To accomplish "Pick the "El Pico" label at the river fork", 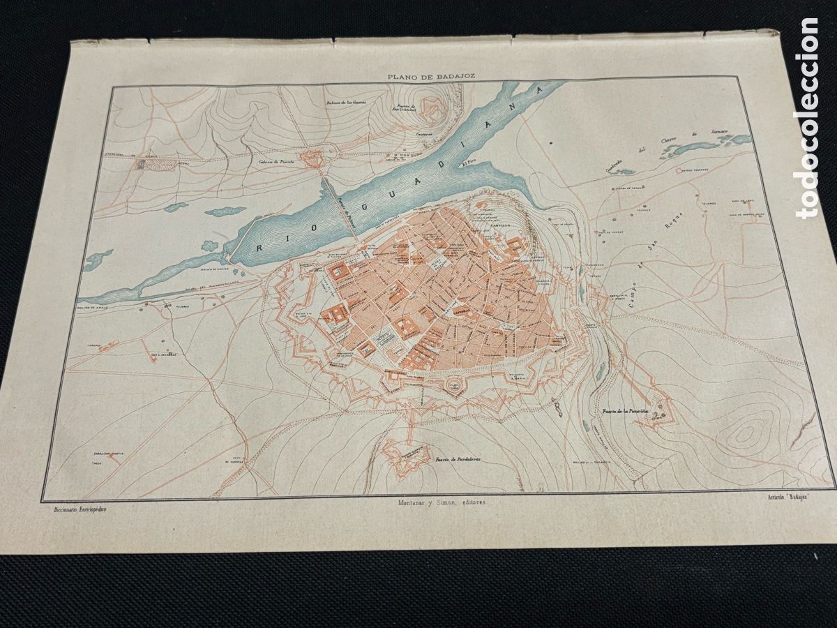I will click(473, 165).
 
